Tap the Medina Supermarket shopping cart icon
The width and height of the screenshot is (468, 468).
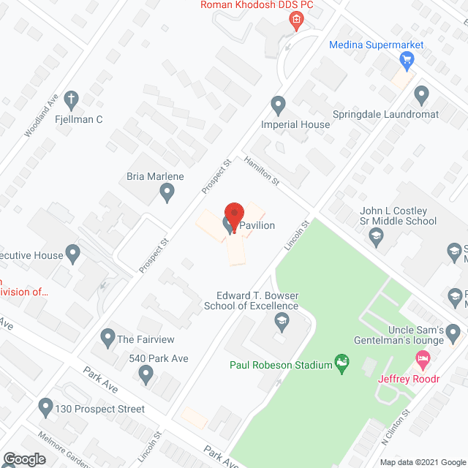pyautogui.click(x=407, y=59)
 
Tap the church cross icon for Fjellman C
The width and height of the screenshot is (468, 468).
pyautogui.click(x=72, y=99)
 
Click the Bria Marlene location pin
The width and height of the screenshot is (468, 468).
pyautogui.click(x=167, y=192)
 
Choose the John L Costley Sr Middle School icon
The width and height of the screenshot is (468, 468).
pyautogui.click(x=376, y=235)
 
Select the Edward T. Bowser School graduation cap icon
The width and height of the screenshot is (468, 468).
pyautogui.click(x=280, y=321)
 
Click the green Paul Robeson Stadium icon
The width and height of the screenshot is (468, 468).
pyautogui.click(x=340, y=362)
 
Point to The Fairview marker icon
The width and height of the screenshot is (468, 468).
pyautogui.click(x=107, y=339)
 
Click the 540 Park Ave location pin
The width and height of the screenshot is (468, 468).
pyautogui.click(x=146, y=374)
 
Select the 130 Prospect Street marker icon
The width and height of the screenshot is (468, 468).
pyautogui.click(x=45, y=406)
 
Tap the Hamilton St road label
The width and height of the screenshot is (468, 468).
pyautogui.click(x=263, y=170)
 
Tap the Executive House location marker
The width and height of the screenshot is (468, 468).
pyautogui.click(x=72, y=254)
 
